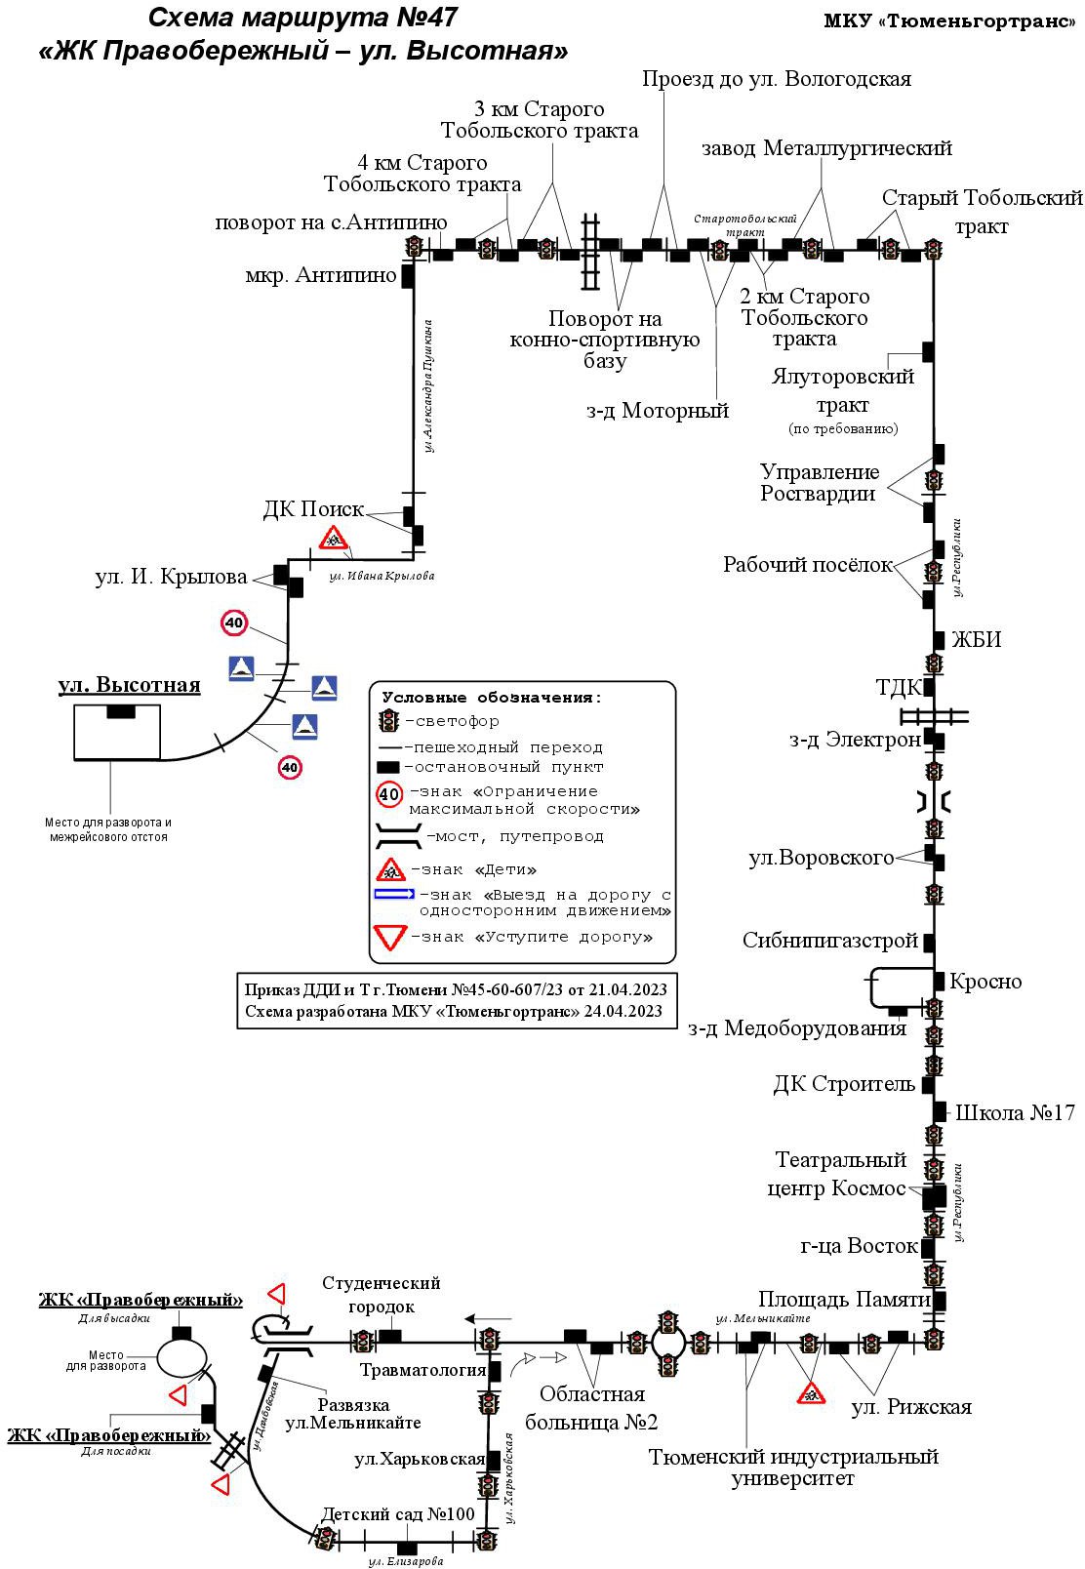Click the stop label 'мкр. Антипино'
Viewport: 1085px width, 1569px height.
coord(321,275)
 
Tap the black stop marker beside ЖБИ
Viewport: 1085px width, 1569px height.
coord(939,640)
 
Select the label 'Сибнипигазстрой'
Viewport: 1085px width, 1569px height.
coord(830,940)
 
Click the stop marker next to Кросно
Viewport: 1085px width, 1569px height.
coord(939,981)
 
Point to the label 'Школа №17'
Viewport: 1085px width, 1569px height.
coord(1015,1112)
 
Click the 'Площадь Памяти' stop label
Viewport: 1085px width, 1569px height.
coord(845,1300)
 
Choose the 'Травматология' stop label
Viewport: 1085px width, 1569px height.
coord(423,1369)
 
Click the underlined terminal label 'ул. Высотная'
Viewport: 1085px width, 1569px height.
coord(130,684)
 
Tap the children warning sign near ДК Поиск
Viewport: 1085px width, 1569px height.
coord(334,538)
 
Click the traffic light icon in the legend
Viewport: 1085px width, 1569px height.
coord(388,720)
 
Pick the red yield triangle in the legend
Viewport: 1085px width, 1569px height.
coord(390,937)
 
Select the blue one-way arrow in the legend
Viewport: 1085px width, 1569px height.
coord(394,894)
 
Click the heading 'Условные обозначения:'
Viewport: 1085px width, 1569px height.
coord(492,698)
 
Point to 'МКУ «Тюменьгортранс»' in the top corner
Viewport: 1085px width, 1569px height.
coord(950,21)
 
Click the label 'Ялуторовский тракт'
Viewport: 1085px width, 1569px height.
coord(843,390)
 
